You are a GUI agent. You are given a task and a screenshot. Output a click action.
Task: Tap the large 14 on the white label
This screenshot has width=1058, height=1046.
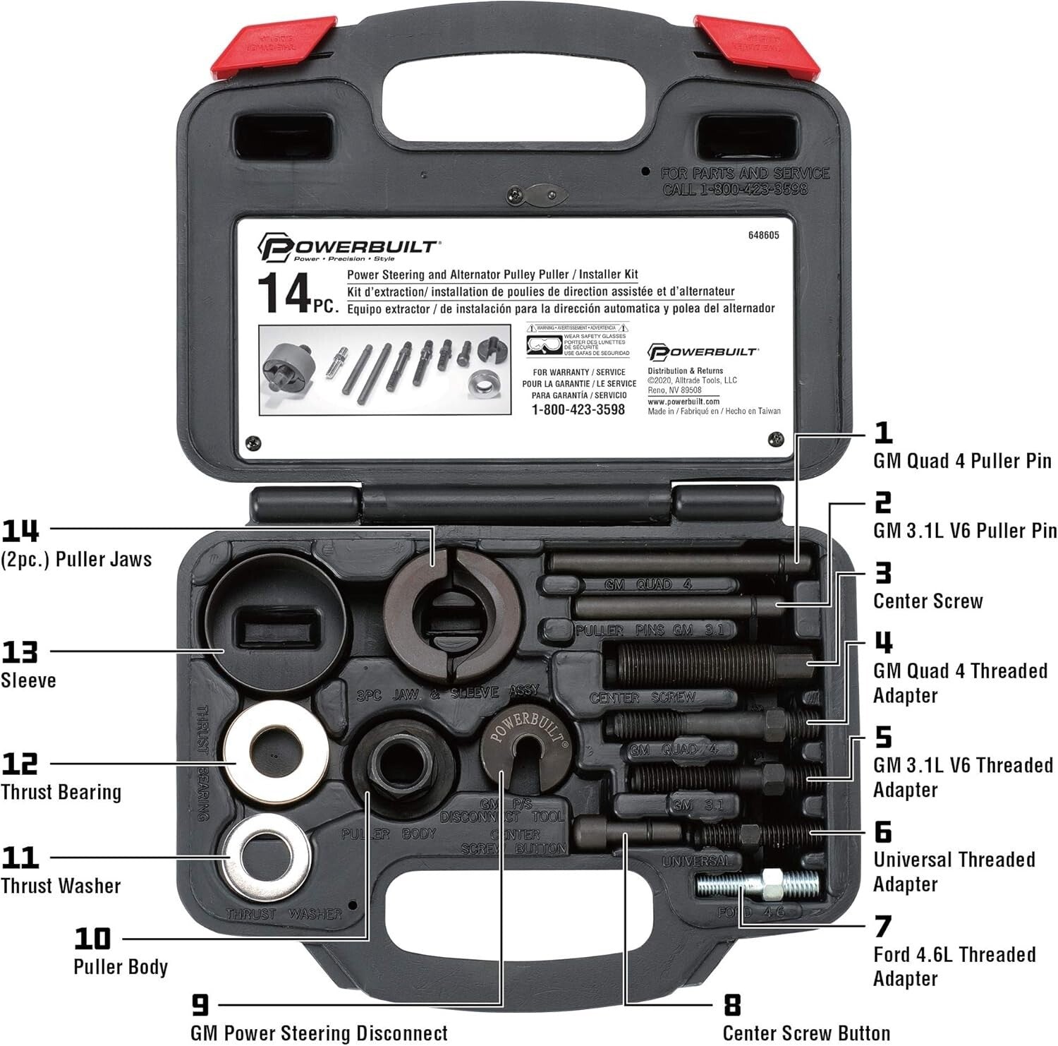click(x=284, y=293)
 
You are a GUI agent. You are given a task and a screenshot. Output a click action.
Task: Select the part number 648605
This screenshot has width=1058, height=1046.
click(x=763, y=236)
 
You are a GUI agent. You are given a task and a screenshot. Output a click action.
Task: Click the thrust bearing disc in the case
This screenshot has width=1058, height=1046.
click(x=276, y=754)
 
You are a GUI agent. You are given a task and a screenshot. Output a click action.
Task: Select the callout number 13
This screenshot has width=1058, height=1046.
click(x=20, y=652)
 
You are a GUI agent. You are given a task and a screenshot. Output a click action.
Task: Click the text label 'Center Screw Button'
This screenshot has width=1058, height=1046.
click(x=806, y=1033)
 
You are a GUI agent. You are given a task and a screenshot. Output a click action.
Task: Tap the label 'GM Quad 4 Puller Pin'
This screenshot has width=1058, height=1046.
click(x=962, y=461)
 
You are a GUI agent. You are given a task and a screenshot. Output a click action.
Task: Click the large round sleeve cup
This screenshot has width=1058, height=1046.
click(x=274, y=622)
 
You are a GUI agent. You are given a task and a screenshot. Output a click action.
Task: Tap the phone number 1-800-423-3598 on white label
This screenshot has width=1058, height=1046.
click(x=578, y=410)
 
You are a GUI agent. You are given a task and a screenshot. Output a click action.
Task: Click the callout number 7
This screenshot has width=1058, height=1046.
click(x=882, y=927)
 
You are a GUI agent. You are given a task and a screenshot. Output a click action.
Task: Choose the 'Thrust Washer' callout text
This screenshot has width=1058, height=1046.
click(x=61, y=886)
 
